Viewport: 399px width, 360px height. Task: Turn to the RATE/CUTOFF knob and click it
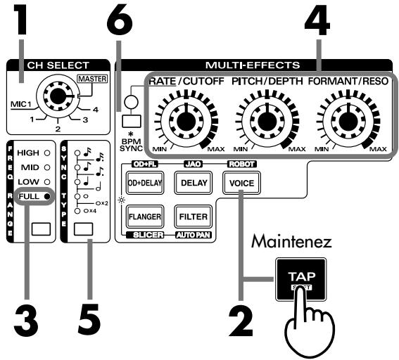(x=184, y=120)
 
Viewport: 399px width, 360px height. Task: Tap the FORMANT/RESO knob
(x=346, y=120)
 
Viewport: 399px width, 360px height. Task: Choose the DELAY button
(x=192, y=184)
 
